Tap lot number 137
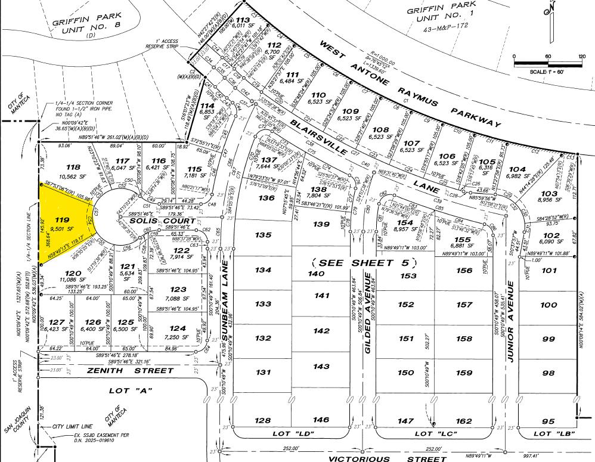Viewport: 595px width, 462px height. (x=270, y=160)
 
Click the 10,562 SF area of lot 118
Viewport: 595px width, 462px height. (x=73, y=176)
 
